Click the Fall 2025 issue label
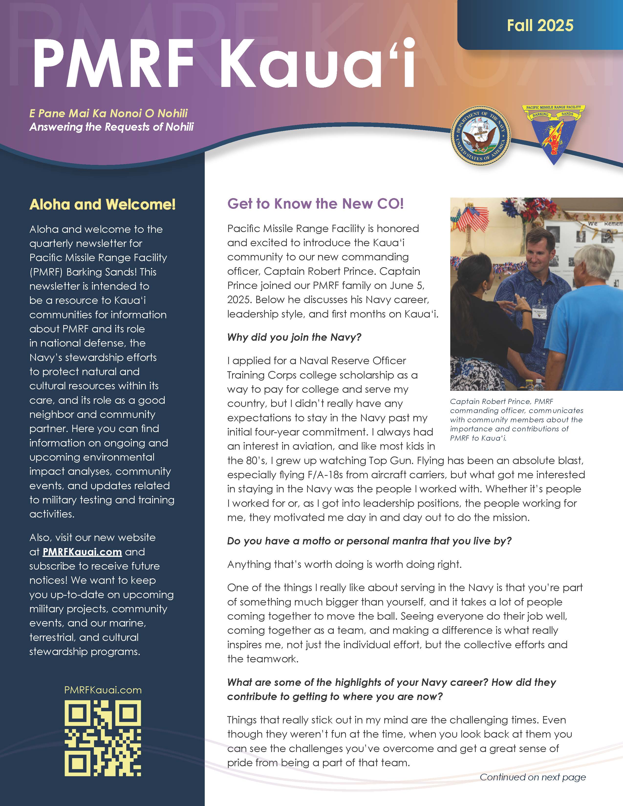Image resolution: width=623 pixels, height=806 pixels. (540, 25)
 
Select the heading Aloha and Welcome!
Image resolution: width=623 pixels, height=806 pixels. (103, 204)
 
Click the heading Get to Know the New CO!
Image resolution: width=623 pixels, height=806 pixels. (316, 204)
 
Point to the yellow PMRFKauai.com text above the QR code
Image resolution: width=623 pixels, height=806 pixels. (103, 690)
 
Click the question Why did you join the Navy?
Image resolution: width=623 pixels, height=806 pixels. (294, 337)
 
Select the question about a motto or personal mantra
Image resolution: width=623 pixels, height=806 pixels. (369, 541)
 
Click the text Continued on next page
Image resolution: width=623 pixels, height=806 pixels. (533, 777)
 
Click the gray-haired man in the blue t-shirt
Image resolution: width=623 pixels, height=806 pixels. (591, 314)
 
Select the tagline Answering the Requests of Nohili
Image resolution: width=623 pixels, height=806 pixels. (111, 127)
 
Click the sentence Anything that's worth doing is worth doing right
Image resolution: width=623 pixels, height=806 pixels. (344, 564)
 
